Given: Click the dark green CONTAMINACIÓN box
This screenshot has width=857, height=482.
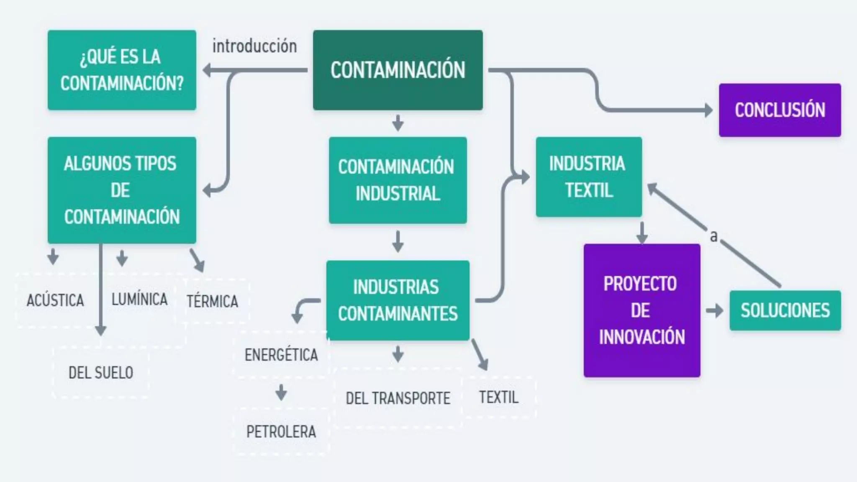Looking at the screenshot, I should coord(398,70).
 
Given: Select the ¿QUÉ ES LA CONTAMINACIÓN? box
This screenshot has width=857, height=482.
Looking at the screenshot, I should coord(122,70).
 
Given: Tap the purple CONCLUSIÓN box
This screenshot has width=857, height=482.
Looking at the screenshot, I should coord(780,110).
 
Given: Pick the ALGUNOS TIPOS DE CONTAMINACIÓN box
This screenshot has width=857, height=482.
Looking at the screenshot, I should coord(122,190).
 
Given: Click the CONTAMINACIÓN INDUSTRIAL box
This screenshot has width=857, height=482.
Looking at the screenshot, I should coord(398,180).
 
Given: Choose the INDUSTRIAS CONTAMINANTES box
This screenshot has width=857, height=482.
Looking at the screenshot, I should coord(398,300).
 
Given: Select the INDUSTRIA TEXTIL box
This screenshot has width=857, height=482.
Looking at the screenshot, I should coord(588,177).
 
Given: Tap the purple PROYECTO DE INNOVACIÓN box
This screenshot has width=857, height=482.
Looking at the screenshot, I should coord(641,310).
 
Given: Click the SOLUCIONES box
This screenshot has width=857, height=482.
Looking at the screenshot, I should coord(785,310).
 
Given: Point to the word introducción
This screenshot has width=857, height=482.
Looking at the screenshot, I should coord(254,46).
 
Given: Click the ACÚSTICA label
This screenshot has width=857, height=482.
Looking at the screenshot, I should coord(55,300).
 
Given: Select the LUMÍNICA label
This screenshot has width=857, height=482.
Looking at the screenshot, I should coord(139,299).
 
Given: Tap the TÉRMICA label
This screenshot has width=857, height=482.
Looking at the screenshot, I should coord(212,301).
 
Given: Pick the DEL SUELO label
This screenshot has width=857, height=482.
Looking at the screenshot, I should coord(101,372).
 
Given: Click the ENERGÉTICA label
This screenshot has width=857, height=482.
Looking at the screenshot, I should coord(281,355).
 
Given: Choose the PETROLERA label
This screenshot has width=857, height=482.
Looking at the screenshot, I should coord(281,431).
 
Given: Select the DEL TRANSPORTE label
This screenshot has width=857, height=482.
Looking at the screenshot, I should coord(398,398).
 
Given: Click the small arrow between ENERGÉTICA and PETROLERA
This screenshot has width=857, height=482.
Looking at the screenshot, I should coord(281,392).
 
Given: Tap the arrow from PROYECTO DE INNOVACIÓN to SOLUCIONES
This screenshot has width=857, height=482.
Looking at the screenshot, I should coord(714,310).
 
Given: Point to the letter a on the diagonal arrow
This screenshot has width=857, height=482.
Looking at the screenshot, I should coord(713,236).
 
